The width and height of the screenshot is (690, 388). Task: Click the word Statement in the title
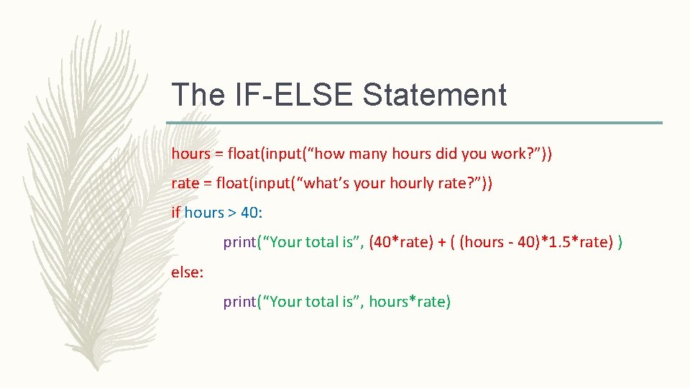click(x=435, y=95)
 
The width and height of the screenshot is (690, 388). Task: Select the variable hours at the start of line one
click(x=187, y=153)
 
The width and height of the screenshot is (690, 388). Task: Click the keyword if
click(x=176, y=213)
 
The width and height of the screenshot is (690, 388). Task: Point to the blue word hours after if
click(x=204, y=213)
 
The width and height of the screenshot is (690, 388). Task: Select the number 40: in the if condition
click(x=251, y=213)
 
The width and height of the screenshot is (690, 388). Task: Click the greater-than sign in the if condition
click(x=232, y=213)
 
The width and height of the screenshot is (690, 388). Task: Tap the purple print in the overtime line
click(x=239, y=242)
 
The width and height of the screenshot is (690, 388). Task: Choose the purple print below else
click(x=239, y=302)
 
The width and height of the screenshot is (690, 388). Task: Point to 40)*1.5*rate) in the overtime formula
click(x=558, y=242)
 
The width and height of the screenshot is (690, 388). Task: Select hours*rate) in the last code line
click(x=410, y=302)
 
